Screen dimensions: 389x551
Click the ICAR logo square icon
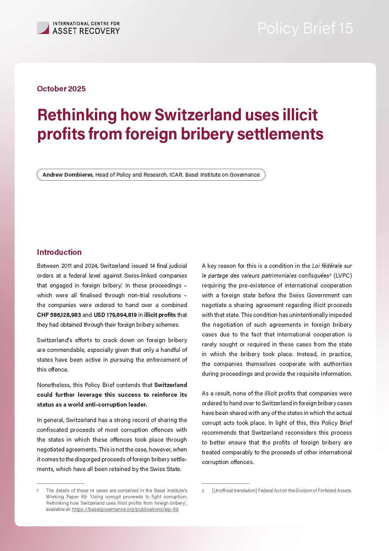pyautogui.click(x=43, y=28)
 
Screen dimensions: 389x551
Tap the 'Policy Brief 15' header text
pyautogui.click(x=305, y=28)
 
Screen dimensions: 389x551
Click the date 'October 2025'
pyautogui.click(x=61, y=89)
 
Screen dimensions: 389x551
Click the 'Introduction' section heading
pyautogui.click(x=59, y=252)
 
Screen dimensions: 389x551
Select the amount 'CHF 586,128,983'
pyautogui.click(x=59, y=315)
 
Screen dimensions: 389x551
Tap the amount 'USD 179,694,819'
pyautogui.click(x=115, y=315)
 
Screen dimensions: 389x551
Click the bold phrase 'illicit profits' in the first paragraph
pyautogui.click(x=160, y=315)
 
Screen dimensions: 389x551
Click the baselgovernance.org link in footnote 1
pyautogui.click(x=125, y=509)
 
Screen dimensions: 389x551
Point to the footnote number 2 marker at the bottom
pyautogui.click(x=203, y=490)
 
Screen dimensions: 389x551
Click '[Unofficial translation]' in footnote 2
pyautogui.click(x=234, y=490)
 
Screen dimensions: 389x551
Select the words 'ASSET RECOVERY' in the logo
pyautogui.click(x=86, y=31)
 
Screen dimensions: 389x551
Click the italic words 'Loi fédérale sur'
pyautogui.click(x=332, y=266)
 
